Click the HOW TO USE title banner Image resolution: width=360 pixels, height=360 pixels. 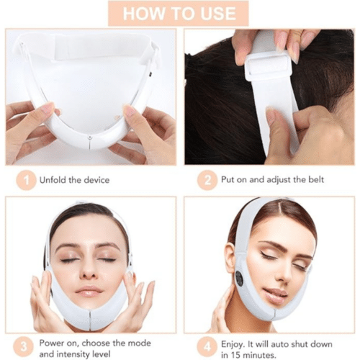[x=179, y=13]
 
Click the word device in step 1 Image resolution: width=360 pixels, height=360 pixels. [x=96, y=180]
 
